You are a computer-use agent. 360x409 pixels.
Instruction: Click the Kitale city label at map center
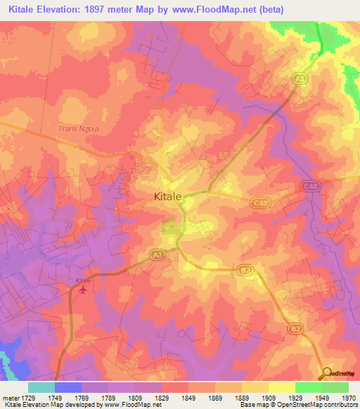click(x=168, y=197)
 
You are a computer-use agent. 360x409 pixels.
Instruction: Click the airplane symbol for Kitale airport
click(x=84, y=289)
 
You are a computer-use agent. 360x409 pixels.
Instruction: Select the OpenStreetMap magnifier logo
click(x=327, y=373)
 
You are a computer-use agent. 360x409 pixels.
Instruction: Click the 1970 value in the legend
click(x=349, y=398)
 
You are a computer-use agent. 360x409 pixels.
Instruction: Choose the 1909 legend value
click(x=269, y=398)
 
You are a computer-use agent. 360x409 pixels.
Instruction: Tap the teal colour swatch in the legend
click(x=41, y=387)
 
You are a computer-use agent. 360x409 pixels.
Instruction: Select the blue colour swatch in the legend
click(x=67, y=387)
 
